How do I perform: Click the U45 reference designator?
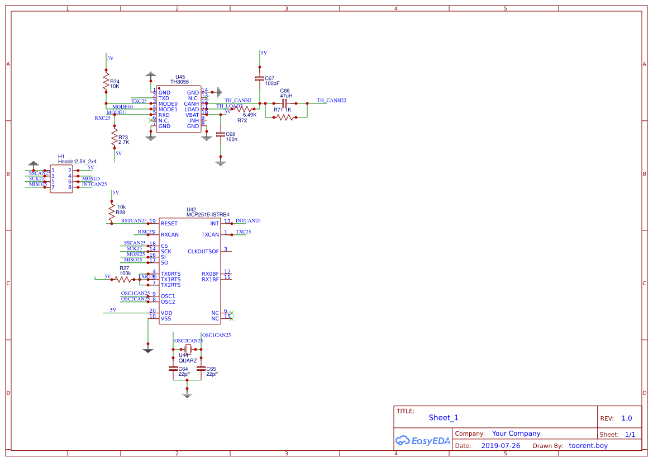point(180,77)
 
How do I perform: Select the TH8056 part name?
point(180,82)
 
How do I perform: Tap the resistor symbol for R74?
point(106,83)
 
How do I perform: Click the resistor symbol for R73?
point(115,137)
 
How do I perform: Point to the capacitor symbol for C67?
point(260,78)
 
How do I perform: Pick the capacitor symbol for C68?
point(221,134)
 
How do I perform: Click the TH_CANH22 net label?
point(331,101)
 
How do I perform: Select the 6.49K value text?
point(250,115)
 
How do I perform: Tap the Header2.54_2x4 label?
point(77,162)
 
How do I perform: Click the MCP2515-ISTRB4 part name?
point(208,215)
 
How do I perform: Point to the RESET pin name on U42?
point(169,224)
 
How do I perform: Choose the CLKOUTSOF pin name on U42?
point(203,252)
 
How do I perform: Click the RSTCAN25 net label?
point(134,221)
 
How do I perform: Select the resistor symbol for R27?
point(124,279)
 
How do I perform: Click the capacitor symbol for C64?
point(173,369)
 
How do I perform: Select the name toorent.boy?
point(588,446)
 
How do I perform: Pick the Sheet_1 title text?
point(444,418)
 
